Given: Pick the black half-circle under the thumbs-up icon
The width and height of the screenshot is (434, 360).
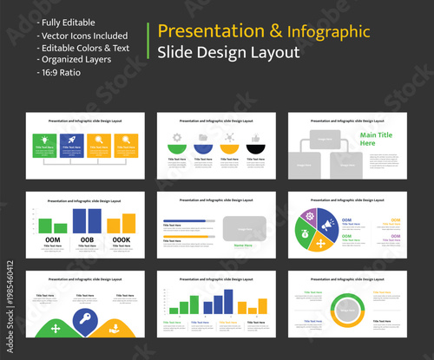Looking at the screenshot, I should (x=255, y=149).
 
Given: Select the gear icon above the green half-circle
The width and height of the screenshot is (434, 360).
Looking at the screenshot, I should (x=177, y=137).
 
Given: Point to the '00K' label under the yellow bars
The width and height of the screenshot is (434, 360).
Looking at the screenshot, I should (x=122, y=239).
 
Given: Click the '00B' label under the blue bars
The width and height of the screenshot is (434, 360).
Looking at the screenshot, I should (x=88, y=239).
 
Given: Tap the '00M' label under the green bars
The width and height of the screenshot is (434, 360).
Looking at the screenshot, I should (x=52, y=239).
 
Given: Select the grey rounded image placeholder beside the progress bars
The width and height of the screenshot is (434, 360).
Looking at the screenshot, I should (x=244, y=228).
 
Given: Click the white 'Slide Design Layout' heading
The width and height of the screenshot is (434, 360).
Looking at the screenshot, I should (x=228, y=53).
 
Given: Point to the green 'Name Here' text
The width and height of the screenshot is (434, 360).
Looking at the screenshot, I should (x=243, y=245).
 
